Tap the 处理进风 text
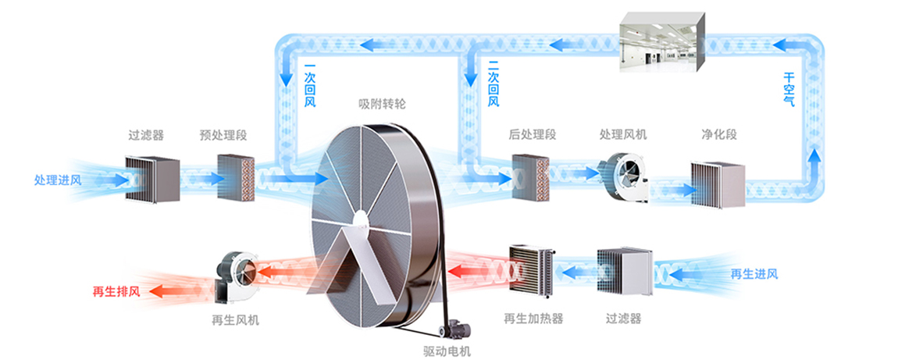(x=57, y=180)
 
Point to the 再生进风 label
(x=754, y=274)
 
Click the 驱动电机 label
(x=447, y=351)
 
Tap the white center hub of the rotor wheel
(x=359, y=223)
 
